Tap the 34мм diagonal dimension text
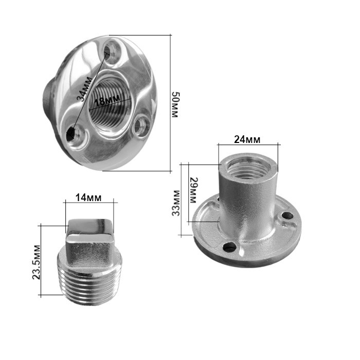tap(85, 89)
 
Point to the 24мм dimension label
tap(247, 139)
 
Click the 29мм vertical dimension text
tap(193, 190)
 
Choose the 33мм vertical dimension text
tap(176, 203)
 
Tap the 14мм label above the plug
tap(88, 197)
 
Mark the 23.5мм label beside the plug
tap(37, 262)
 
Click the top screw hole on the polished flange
tap(112, 51)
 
